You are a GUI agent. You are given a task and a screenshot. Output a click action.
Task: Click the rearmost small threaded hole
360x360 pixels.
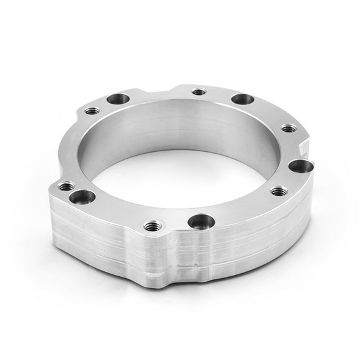[x=199, y=92]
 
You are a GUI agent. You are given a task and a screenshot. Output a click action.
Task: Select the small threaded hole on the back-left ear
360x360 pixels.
[x=91, y=111]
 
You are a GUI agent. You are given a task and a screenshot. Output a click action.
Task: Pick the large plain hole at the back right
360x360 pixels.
[x=242, y=99]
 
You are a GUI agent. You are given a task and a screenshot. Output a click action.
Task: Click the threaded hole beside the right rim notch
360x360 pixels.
[x=287, y=128]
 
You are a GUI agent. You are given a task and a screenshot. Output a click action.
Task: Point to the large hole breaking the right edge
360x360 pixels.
[x=301, y=166]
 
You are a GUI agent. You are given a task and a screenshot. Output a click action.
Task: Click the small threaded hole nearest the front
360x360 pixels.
[x=150, y=226]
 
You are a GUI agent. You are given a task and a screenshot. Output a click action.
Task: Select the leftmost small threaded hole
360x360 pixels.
[x=66, y=186]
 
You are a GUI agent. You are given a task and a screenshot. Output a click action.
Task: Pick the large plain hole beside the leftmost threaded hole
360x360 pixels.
[x=82, y=197]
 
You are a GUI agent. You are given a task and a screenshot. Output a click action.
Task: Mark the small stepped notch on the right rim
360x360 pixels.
[x=305, y=145]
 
